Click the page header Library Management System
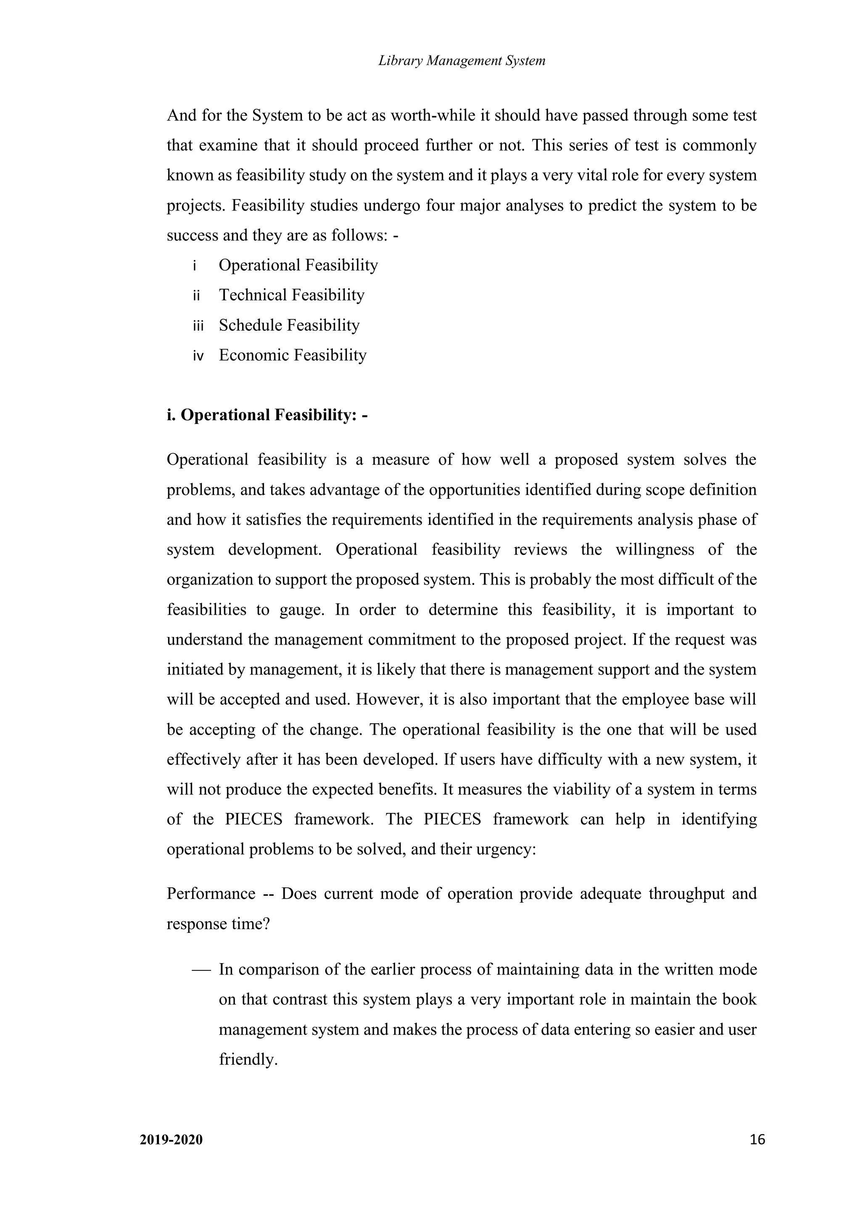[462, 61]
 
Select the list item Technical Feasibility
[291, 295]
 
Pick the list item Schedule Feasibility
[289, 325]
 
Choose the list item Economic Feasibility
[292, 355]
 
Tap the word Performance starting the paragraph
[211, 894]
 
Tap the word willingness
[655, 550]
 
